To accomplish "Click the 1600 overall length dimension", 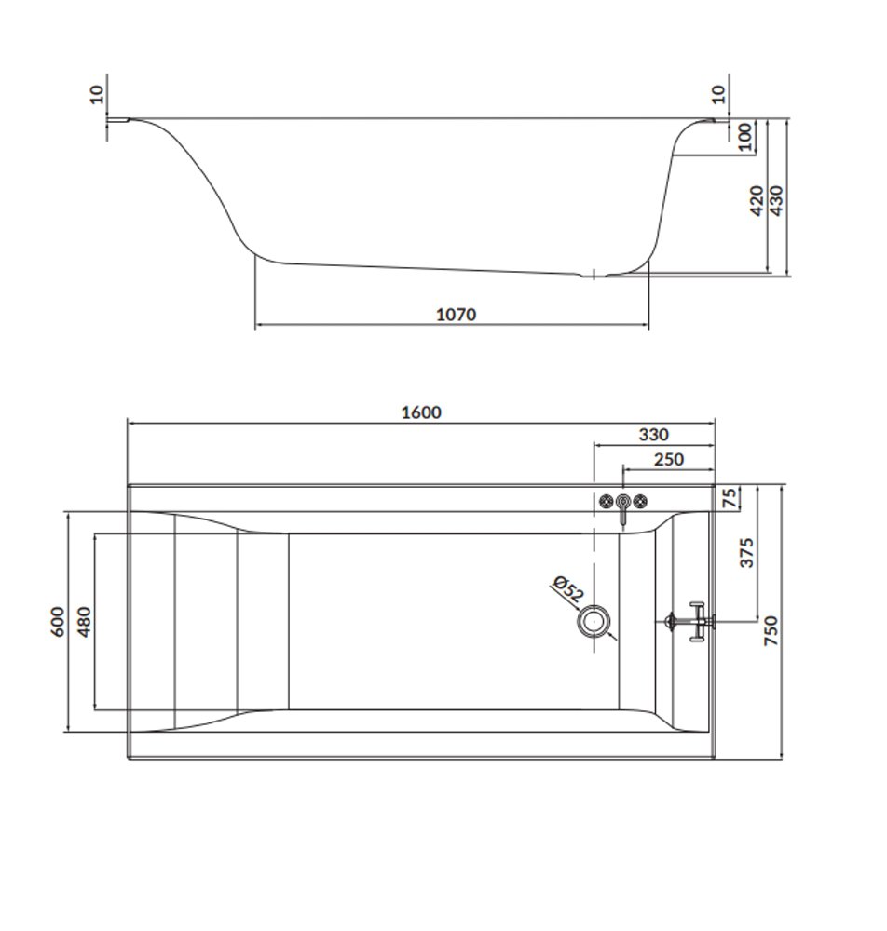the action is pyautogui.click(x=421, y=412).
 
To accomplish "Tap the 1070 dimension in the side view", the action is pyautogui.click(x=457, y=314).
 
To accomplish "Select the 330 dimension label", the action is pyautogui.click(x=653, y=435).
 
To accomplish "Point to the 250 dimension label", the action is pyautogui.click(x=669, y=460).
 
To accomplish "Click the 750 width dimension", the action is pyautogui.click(x=771, y=630).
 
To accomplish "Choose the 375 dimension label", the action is pyautogui.click(x=747, y=553).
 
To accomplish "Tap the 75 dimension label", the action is pyautogui.click(x=730, y=497).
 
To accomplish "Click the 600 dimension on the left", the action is pyautogui.click(x=58, y=622).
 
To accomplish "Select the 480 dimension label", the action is pyautogui.click(x=85, y=622).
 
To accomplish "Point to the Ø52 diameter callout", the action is pyautogui.click(x=568, y=589).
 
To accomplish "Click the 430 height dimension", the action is pyautogui.click(x=776, y=201).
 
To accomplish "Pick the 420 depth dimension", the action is pyautogui.click(x=757, y=201).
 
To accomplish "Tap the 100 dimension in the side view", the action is pyautogui.click(x=745, y=137).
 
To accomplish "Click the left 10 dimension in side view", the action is pyautogui.click(x=97, y=94).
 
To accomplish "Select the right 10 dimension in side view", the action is pyautogui.click(x=718, y=94).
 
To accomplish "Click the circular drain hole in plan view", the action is pyautogui.click(x=594, y=622).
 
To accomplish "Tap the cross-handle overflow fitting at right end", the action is pyautogui.click(x=690, y=622).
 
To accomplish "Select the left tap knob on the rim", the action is pyautogui.click(x=606, y=502).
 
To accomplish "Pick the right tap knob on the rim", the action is pyautogui.click(x=639, y=502).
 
